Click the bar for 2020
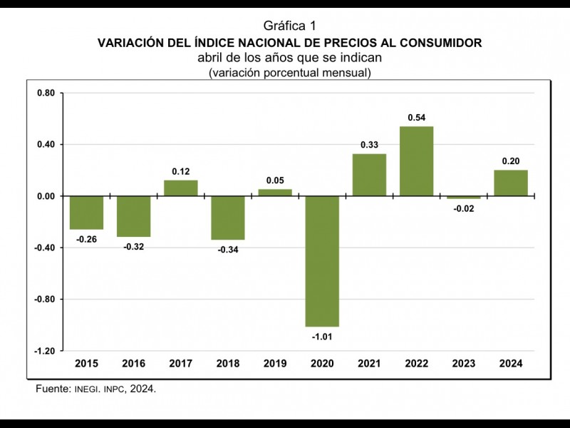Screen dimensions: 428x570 point(322,261)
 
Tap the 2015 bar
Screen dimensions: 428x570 point(86,213)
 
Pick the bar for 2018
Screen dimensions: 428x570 point(227,218)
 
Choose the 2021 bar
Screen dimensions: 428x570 point(369,175)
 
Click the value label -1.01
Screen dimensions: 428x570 point(322,336)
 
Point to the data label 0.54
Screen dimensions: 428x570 point(416,117)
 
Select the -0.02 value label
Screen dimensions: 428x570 point(463,208)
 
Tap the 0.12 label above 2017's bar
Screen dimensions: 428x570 point(181,171)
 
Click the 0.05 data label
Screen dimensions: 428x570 point(275,180)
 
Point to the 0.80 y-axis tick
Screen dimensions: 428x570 point(45,93)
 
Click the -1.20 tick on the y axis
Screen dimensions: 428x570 point(43,351)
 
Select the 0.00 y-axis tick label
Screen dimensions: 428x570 point(45,196)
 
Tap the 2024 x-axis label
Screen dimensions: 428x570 point(511,364)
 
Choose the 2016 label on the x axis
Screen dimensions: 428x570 point(133,364)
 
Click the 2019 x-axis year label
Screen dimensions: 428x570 point(275,364)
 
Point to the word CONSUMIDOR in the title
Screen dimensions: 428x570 point(437,43)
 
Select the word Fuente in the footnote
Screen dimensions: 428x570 point(52,389)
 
